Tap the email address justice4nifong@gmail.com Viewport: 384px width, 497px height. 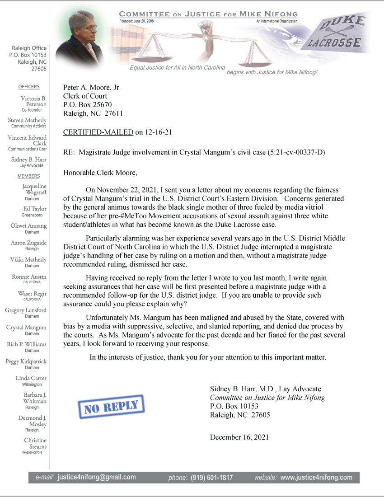pos(96,477)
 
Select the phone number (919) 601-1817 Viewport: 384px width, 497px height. pos(211,478)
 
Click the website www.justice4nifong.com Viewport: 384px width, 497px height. pos(316,477)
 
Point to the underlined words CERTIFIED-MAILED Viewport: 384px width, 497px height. pos(98,132)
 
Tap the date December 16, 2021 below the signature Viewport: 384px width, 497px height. pos(239,437)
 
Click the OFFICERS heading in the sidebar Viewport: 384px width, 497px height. pos(29,87)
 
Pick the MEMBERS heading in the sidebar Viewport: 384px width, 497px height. pos(29,176)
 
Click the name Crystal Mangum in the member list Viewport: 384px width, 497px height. pos(26,328)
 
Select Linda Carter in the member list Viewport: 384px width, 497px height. pos(31,378)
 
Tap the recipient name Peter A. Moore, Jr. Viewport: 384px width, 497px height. pos(92,88)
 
